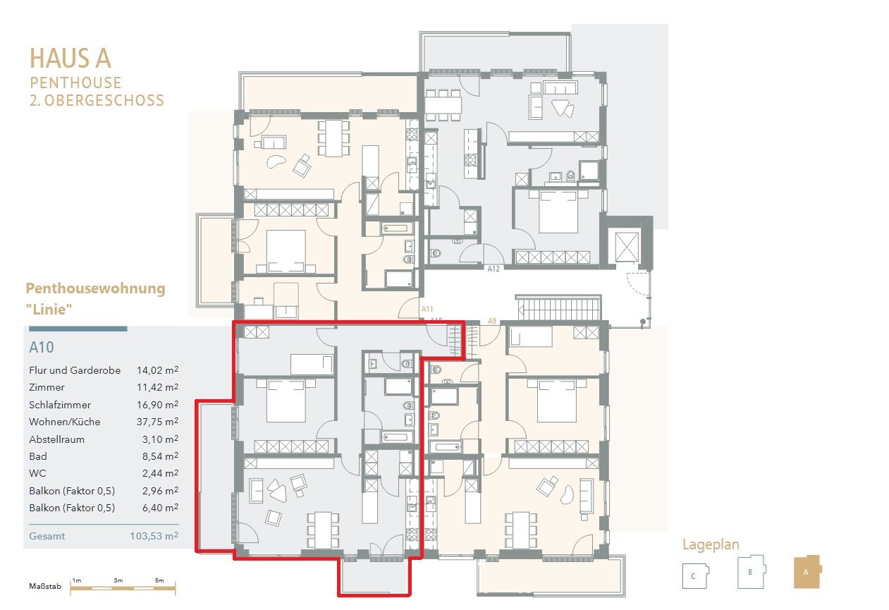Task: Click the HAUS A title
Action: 70,59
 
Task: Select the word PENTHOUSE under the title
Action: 75,83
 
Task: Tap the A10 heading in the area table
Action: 42,347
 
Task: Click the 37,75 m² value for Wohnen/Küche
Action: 157,422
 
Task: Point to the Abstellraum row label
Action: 56,439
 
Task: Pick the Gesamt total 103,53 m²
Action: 154,536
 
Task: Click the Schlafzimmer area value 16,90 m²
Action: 157,404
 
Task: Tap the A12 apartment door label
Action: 493,269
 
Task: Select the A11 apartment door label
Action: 427,309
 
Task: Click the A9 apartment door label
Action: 491,321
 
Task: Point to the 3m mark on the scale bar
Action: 118,580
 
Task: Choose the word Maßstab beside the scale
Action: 45,586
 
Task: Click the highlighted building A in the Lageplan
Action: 807,571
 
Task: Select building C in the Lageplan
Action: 695,575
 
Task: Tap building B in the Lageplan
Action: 752,571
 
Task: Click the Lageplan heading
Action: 711,545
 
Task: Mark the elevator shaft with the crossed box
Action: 627,248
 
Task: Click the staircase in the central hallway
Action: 559,309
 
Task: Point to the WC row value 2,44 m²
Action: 160,473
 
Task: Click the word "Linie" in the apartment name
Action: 49,309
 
